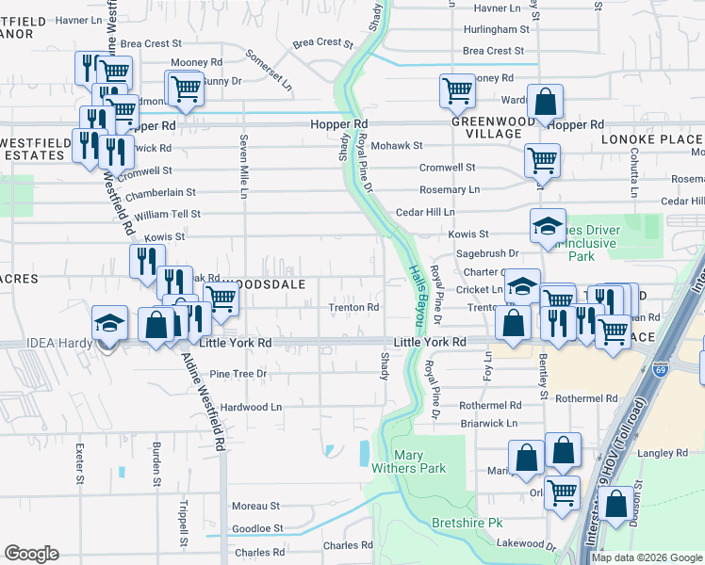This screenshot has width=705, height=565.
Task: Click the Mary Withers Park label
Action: [x=419, y=461]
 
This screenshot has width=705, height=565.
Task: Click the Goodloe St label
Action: [x=257, y=528]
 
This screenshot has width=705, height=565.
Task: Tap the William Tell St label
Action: [x=168, y=214]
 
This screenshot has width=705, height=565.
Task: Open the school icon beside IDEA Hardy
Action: [x=110, y=323]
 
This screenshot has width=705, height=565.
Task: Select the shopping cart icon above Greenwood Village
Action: [x=456, y=91]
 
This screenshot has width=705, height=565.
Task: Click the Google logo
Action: [x=31, y=554]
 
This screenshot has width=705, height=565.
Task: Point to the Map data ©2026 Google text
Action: [x=648, y=557]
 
